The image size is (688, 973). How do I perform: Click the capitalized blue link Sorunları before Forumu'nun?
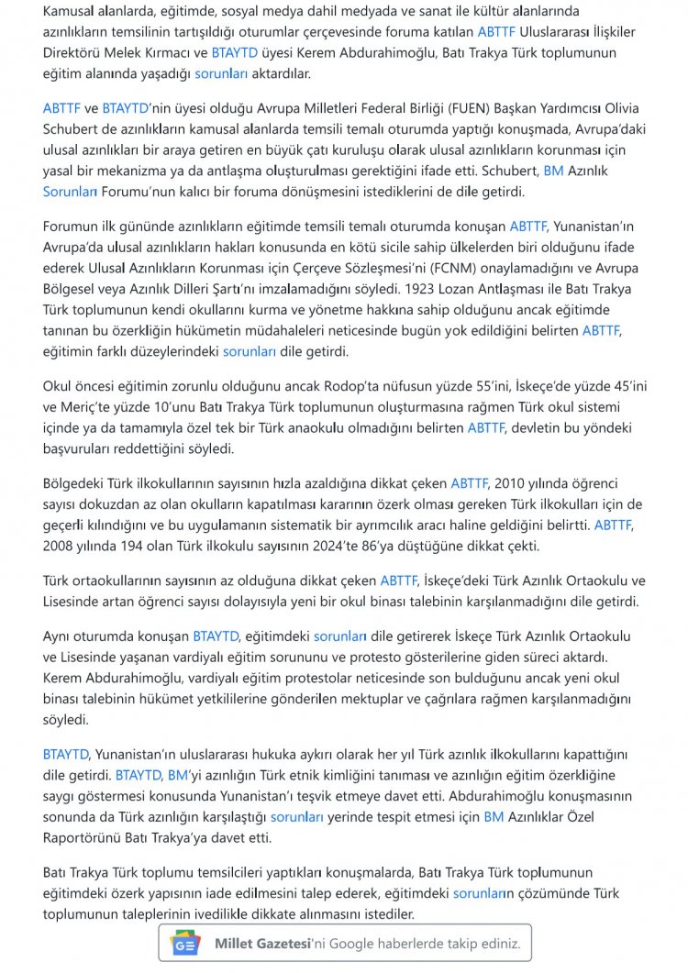70,192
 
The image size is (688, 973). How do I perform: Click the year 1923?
434,289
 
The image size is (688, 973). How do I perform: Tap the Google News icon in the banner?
186,944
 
